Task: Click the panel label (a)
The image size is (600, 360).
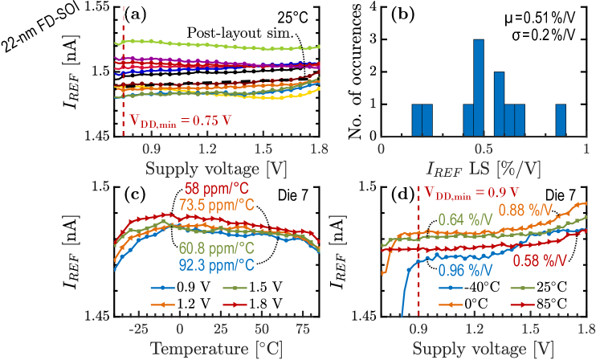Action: [x=133, y=14]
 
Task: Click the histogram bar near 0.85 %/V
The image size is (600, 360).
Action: [x=560, y=121]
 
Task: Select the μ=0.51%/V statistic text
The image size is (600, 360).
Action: [x=546, y=17]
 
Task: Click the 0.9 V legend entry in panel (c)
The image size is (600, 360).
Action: [x=165, y=287]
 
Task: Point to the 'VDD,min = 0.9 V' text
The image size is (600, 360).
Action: [x=473, y=193]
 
